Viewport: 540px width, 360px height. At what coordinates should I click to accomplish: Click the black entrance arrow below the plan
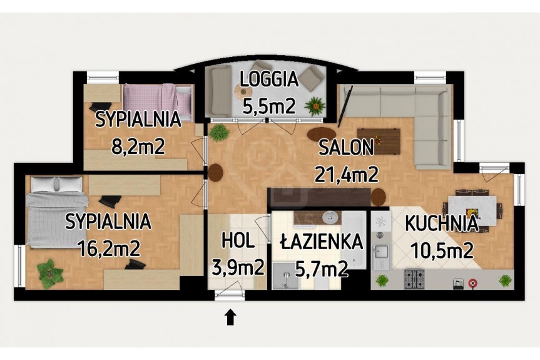pos(230,317)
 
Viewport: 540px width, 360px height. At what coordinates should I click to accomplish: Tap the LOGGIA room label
pos(269,80)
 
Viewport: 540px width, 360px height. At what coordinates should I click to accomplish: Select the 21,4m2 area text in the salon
pos(347,174)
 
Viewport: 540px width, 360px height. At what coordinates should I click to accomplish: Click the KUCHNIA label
pos(442,224)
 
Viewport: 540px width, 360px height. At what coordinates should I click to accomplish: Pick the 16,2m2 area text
pos(109,248)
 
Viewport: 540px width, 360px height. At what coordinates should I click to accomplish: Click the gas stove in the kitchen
pos(414,279)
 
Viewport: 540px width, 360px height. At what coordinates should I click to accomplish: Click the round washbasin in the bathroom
pos(330,217)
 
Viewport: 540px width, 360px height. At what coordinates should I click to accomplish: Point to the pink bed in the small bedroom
pos(158,101)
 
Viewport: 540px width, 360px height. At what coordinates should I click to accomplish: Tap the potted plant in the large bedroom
pos(50,274)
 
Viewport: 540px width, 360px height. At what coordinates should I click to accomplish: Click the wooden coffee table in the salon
pos(379,141)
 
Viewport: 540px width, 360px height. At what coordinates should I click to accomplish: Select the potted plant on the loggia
pos(315,105)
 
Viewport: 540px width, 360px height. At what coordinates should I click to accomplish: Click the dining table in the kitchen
pos(472,210)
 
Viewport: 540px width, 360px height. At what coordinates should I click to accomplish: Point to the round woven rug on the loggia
pos(243,91)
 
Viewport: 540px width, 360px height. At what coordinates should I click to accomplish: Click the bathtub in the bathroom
pos(354,240)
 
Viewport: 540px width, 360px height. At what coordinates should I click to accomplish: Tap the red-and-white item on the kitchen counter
pos(473,283)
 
